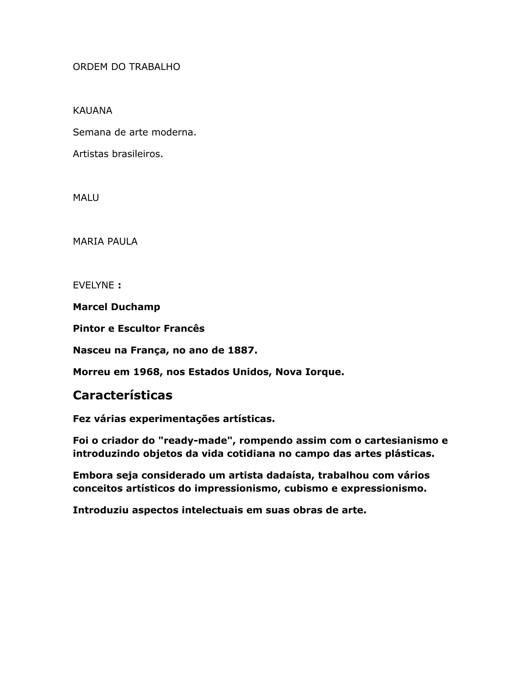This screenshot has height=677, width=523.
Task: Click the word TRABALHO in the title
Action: [x=154, y=67]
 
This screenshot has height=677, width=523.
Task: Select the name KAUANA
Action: [x=92, y=111]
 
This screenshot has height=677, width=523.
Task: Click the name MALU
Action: [x=86, y=198]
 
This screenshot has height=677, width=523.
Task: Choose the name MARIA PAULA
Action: [x=105, y=241]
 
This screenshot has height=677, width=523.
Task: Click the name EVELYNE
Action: [x=93, y=285]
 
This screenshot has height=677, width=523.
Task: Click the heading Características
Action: [x=122, y=395]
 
